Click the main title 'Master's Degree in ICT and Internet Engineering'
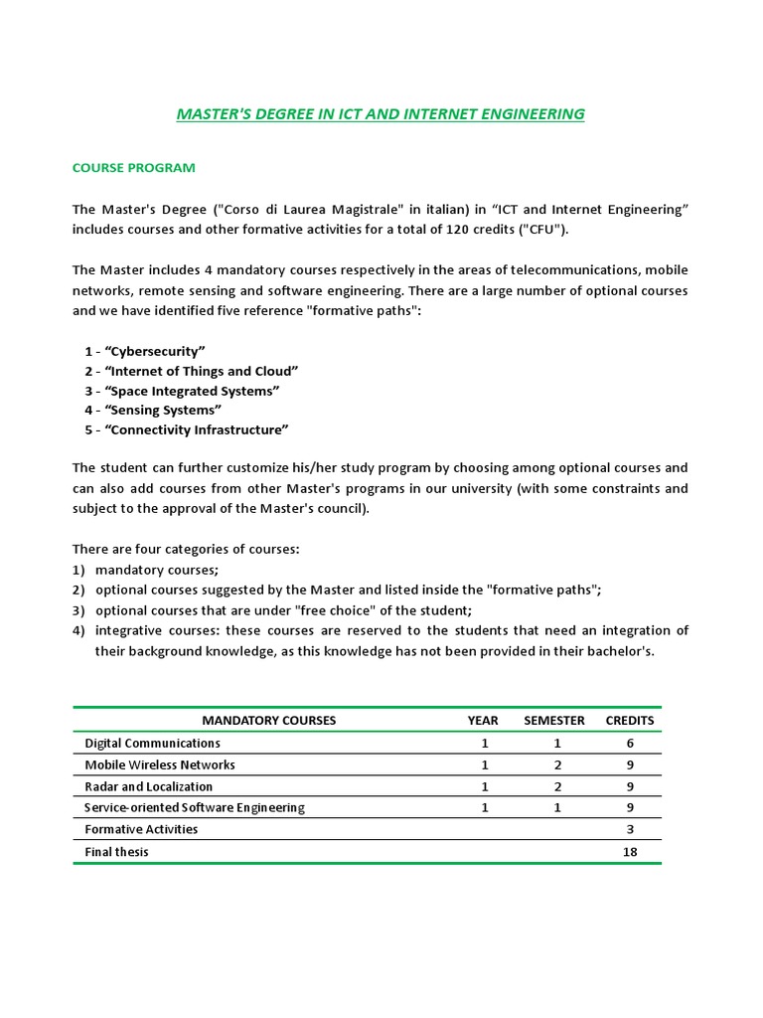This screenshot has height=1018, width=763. (x=381, y=114)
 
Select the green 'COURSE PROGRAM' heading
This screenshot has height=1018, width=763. (x=133, y=167)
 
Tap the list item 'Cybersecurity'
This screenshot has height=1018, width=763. (x=145, y=351)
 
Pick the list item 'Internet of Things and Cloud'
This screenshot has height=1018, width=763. (x=192, y=371)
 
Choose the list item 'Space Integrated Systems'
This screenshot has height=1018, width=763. (x=182, y=391)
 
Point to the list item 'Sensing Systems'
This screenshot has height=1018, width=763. (x=153, y=410)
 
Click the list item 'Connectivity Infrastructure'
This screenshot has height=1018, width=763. (x=187, y=429)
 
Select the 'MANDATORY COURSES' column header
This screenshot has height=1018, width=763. (x=268, y=720)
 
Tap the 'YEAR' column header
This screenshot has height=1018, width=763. (x=483, y=720)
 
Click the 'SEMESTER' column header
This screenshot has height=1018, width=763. (x=554, y=720)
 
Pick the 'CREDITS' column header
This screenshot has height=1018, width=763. (x=630, y=720)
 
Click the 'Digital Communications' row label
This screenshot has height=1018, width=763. (x=153, y=743)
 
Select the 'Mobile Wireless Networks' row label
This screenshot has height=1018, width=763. (x=160, y=764)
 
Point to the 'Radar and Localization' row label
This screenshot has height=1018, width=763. (x=149, y=786)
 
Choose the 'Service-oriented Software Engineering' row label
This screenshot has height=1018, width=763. (x=195, y=807)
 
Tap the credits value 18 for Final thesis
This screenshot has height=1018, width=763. (x=630, y=852)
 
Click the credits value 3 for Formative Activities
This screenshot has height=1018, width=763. (x=630, y=829)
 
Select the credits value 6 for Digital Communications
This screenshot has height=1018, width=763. (x=630, y=743)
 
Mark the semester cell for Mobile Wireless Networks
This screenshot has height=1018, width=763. (x=557, y=764)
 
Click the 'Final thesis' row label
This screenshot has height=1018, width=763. (x=117, y=852)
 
